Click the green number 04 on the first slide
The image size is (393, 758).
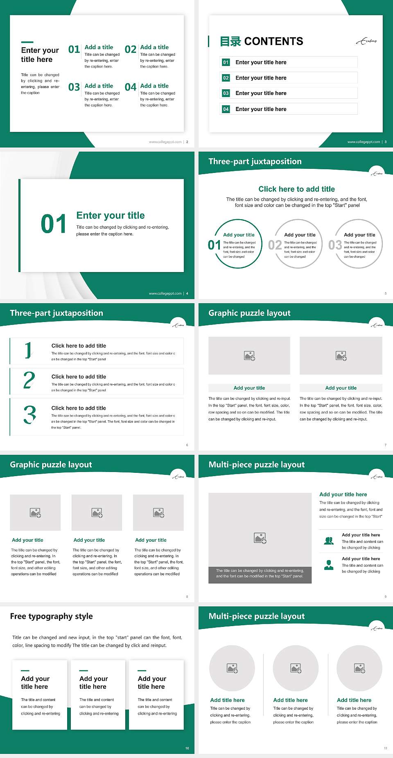coord(131,87)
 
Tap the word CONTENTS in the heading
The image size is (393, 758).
coord(273,41)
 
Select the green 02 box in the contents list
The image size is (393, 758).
coord(226,78)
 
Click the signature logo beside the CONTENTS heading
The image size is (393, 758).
coord(366,41)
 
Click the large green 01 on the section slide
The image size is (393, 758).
coord(54,224)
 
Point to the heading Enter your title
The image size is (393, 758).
coord(111,216)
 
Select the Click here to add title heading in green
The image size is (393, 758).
coord(296,189)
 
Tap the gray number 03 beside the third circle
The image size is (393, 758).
coord(335,245)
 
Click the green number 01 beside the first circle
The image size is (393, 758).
coord(214,245)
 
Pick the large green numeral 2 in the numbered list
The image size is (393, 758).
coord(29,381)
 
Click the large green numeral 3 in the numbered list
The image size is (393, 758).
coord(29,415)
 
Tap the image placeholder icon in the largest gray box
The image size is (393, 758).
coord(260,538)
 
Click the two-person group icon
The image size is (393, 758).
coord(329,541)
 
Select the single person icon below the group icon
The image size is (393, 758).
coord(329,565)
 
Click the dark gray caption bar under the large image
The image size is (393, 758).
coord(260,573)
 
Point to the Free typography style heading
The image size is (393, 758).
coord(52,616)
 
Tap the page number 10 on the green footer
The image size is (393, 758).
coord(187,748)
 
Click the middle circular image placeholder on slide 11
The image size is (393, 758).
coord(296,668)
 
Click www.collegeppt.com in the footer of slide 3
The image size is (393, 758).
coord(364,142)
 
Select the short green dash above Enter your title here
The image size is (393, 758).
coord(27,42)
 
